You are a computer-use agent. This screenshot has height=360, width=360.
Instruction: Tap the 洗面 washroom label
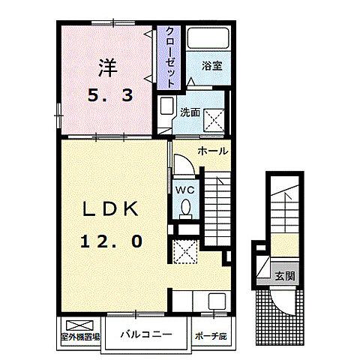coord(189,112)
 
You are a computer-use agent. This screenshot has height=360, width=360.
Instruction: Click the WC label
coord(184,190)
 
